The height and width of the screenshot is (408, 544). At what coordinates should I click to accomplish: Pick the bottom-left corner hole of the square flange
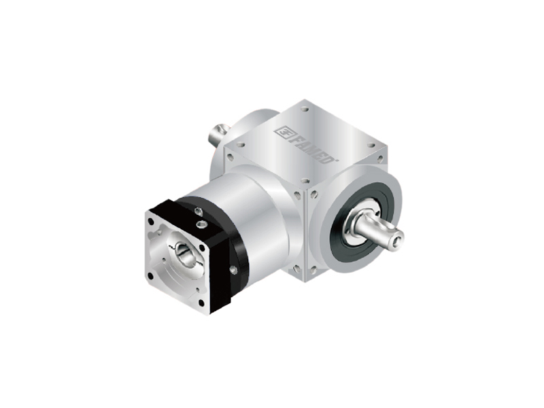point(150,276)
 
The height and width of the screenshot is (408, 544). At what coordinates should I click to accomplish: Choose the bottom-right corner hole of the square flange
point(201,303)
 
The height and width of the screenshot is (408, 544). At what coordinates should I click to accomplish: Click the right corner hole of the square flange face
point(201,247)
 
